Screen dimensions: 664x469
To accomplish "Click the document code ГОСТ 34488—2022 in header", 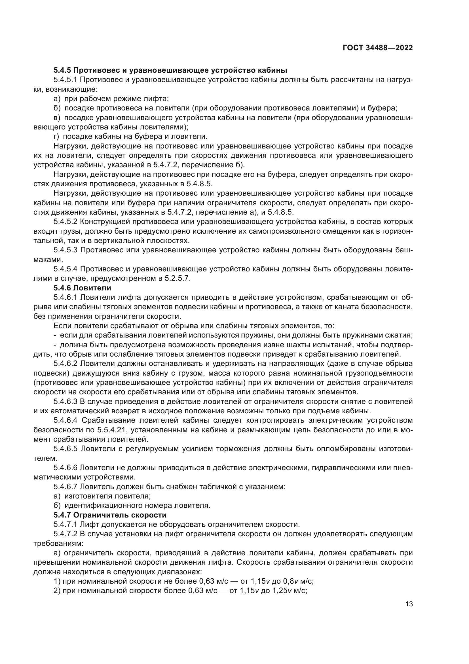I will pos(378,48).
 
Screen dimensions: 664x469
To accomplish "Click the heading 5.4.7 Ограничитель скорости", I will pos(110,515).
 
